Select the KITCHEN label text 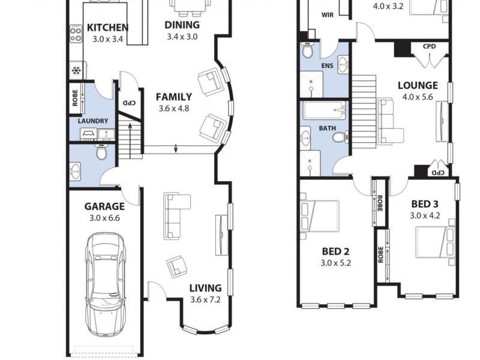pyautogui.click(x=107, y=28)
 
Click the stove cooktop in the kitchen pyautogui.click(x=76, y=33)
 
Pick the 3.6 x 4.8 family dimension pyautogui.click(x=173, y=109)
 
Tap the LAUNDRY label pyautogui.click(x=93, y=121)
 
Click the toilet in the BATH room pyautogui.click(x=340, y=137)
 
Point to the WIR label pyautogui.click(x=328, y=15)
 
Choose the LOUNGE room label pyautogui.click(x=418, y=85)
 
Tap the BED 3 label pyautogui.click(x=425, y=204)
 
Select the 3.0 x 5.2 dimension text pyautogui.click(x=335, y=262)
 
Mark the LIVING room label pyautogui.click(x=205, y=288)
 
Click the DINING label pyautogui.click(x=182, y=25)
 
